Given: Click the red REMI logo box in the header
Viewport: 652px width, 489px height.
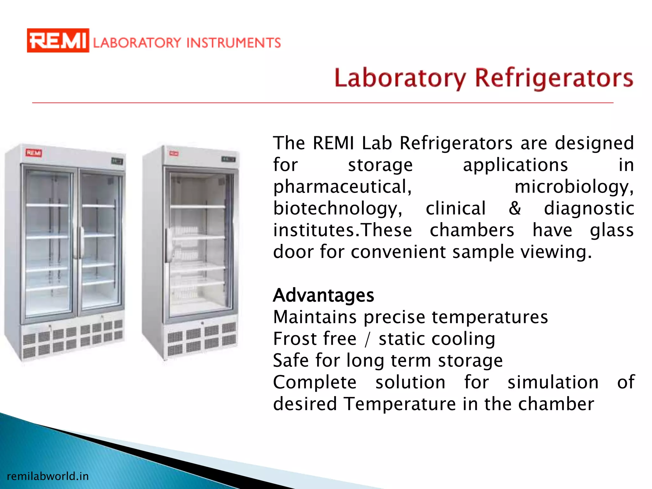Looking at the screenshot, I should [x=58, y=40].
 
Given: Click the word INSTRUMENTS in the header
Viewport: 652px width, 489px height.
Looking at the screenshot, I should [x=233, y=43].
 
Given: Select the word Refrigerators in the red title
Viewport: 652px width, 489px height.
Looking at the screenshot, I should [x=554, y=78].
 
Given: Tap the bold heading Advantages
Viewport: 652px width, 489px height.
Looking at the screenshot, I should [x=323, y=295].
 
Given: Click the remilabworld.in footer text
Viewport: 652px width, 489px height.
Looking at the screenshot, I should [x=48, y=476].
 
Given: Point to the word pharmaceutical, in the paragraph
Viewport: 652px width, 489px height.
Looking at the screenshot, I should [x=343, y=187].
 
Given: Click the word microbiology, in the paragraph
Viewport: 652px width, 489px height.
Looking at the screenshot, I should [x=574, y=187].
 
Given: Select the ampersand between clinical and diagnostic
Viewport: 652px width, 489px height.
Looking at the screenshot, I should [x=515, y=209].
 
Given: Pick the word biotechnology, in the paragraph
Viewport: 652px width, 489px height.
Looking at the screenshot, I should [x=338, y=209].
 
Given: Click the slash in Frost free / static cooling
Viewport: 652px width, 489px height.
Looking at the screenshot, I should [x=368, y=339].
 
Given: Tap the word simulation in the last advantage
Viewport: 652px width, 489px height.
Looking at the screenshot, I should [x=553, y=382].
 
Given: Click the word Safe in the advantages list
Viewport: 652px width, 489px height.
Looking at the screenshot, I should [x=291, y=360].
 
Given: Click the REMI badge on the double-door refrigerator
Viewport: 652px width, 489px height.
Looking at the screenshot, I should [x=34, y=153].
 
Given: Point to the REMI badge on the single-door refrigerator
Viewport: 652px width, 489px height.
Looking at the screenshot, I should [x=174, y=153].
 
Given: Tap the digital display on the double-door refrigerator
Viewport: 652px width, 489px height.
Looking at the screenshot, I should [x=117, y=161].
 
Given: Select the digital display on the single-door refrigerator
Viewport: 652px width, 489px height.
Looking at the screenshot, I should [x=228, y=159].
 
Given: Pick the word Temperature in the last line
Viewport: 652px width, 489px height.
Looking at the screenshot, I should [x=400, y=404].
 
